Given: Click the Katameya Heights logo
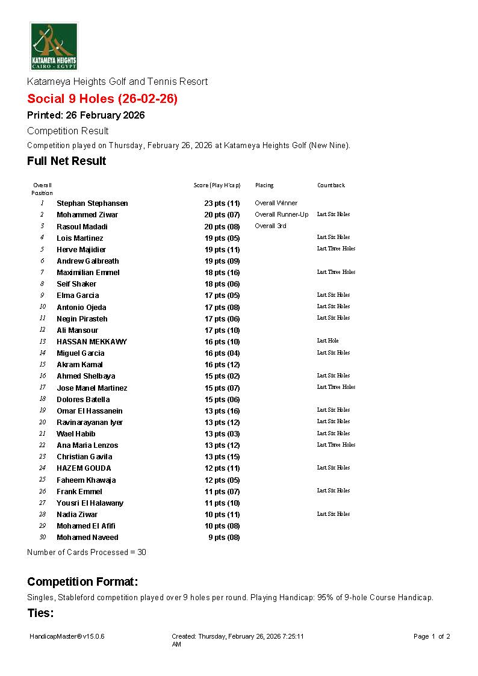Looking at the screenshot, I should [54, 46].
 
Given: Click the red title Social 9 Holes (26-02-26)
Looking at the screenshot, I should [102, 99].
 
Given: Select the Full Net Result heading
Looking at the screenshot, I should [66, 161].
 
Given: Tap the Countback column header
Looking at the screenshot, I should [331, 185].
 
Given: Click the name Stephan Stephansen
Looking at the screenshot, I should [92, 203].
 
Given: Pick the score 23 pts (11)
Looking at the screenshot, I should [222, 203].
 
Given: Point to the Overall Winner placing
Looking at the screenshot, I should [276, 203].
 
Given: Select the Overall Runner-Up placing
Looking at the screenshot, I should [281, 215].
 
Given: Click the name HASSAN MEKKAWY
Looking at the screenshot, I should [92, 342].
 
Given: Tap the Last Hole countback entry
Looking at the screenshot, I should [327, 341].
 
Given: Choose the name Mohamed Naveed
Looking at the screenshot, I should [87, 538].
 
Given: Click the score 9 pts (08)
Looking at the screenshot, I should [224, 538].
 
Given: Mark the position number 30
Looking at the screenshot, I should [42, 538].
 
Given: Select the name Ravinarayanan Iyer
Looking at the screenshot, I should [90, 423].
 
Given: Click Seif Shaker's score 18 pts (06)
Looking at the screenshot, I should [222, 284].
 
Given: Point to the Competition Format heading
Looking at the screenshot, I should [82, 582].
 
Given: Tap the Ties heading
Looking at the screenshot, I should [40, 613].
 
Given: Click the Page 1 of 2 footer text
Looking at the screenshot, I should [432, 636].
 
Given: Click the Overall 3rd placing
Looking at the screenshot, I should [270, 226].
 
